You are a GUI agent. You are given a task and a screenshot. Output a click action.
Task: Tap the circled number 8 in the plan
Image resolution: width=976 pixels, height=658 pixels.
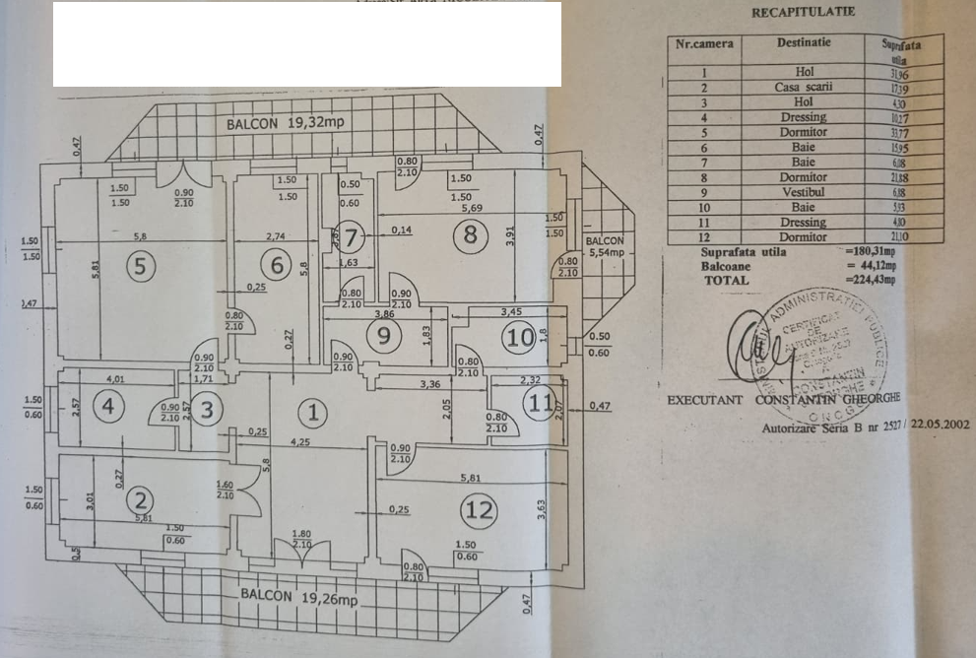point(470,234)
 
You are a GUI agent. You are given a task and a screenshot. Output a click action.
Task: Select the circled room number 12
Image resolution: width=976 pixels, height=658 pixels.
point(481,510)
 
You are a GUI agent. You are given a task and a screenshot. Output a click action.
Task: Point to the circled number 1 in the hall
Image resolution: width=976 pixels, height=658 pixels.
point(312,411)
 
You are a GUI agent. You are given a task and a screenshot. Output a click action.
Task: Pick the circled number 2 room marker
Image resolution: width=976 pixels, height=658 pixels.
point(143,499)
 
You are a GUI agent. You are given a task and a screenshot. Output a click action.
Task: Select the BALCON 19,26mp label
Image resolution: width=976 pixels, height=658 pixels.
point(294,596)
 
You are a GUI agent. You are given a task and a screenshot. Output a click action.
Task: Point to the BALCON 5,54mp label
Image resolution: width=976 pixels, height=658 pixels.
point(605,247)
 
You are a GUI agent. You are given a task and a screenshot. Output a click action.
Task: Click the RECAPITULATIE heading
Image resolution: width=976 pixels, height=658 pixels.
point(803,13)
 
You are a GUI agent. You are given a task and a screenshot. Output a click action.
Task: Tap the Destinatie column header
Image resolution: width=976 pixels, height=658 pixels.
point(803,43)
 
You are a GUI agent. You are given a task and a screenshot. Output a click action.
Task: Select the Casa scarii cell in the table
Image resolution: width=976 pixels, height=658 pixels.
point(804,87)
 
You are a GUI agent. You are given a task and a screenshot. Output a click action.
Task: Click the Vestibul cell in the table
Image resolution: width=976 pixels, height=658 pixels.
point(804,192)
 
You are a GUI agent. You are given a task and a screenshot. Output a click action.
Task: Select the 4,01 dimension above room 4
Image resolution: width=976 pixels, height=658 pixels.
point(117,377)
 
